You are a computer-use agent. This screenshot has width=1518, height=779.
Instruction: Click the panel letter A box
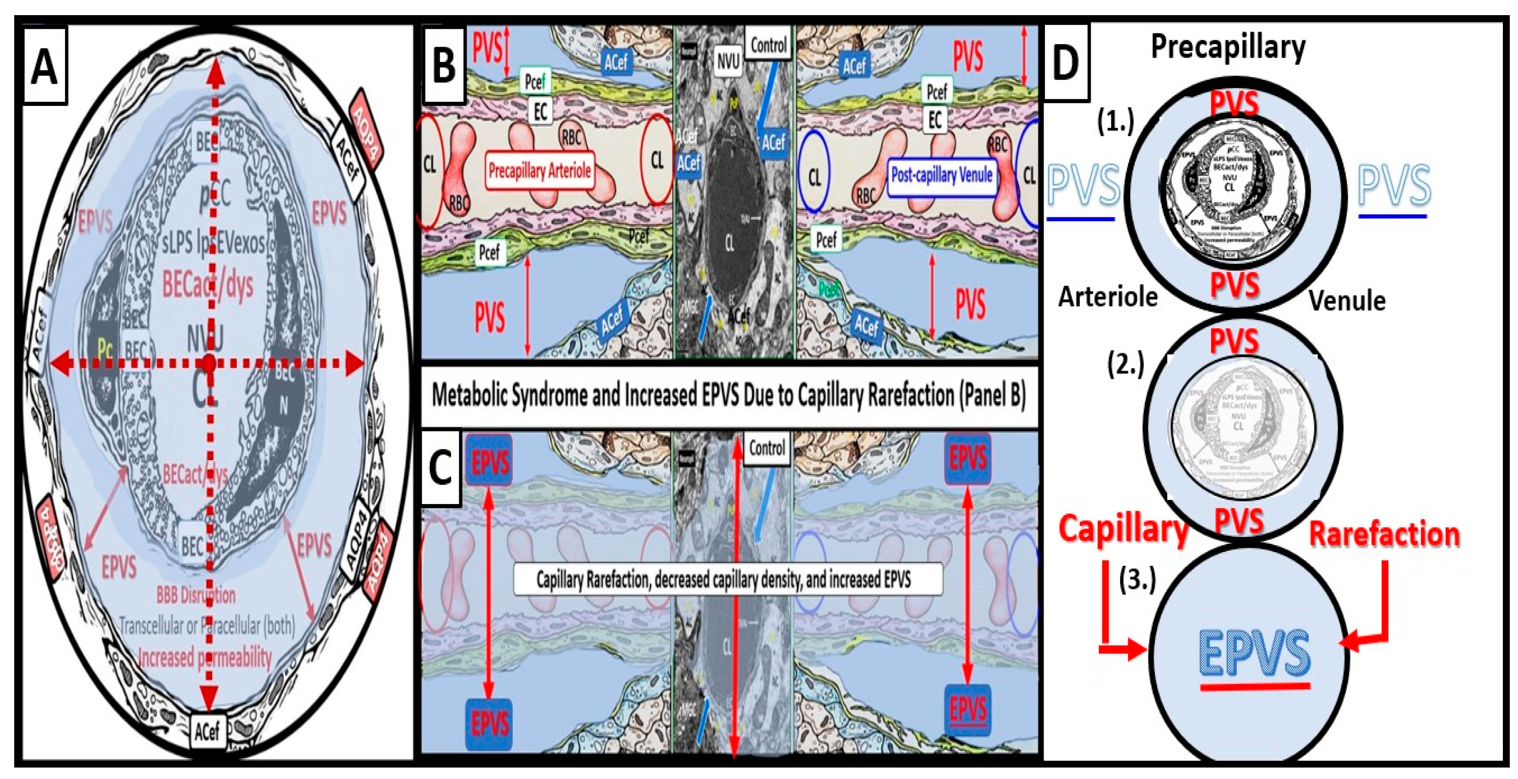45,66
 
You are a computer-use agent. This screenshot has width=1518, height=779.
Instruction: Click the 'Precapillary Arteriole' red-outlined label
539,171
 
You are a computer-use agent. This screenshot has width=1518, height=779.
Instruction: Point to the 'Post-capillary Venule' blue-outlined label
941,175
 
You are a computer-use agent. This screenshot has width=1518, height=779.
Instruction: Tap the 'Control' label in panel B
768,45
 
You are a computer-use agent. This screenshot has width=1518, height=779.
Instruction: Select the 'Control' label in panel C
767,449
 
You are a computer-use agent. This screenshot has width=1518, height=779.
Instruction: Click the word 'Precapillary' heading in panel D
1228,47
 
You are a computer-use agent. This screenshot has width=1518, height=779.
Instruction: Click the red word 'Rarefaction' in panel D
1384,534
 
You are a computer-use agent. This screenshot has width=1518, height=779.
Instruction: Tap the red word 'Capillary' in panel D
1123,529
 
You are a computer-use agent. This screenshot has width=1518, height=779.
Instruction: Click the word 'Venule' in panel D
1347,301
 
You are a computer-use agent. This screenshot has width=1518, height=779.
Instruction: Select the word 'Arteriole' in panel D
1108,296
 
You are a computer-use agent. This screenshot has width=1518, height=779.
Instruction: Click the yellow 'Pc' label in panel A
104,350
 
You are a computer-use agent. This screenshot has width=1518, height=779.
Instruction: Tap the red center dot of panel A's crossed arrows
209,363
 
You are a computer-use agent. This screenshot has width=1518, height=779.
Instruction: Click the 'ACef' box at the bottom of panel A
207,732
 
